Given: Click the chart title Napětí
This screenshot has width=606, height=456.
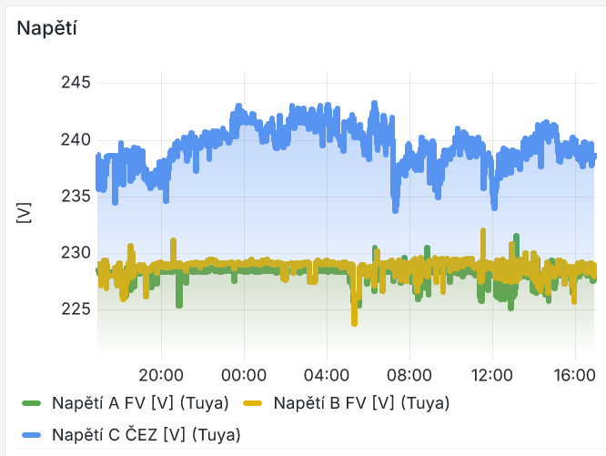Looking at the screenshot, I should coord(45,28).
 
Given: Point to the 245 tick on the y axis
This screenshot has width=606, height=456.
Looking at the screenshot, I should coord(76,83).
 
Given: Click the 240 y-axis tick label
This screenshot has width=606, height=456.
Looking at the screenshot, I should coord(76,139).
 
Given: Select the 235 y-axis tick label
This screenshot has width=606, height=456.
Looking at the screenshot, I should coord(76,196).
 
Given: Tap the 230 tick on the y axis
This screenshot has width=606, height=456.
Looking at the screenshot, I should coord(76,252).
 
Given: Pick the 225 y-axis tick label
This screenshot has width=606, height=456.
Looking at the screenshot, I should coord(76,309).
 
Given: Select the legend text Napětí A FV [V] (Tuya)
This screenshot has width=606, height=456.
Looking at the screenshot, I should coord(139,402).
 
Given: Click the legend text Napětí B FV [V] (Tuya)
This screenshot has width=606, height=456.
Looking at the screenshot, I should coord(361,402).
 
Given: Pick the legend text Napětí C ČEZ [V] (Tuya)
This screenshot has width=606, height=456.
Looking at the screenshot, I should coord(146,434).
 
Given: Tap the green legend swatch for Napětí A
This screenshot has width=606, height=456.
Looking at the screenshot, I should coord(32,402).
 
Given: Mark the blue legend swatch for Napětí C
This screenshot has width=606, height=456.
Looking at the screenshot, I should coord(32,434).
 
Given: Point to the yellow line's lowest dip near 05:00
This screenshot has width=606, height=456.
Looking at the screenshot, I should coord(354,321).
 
